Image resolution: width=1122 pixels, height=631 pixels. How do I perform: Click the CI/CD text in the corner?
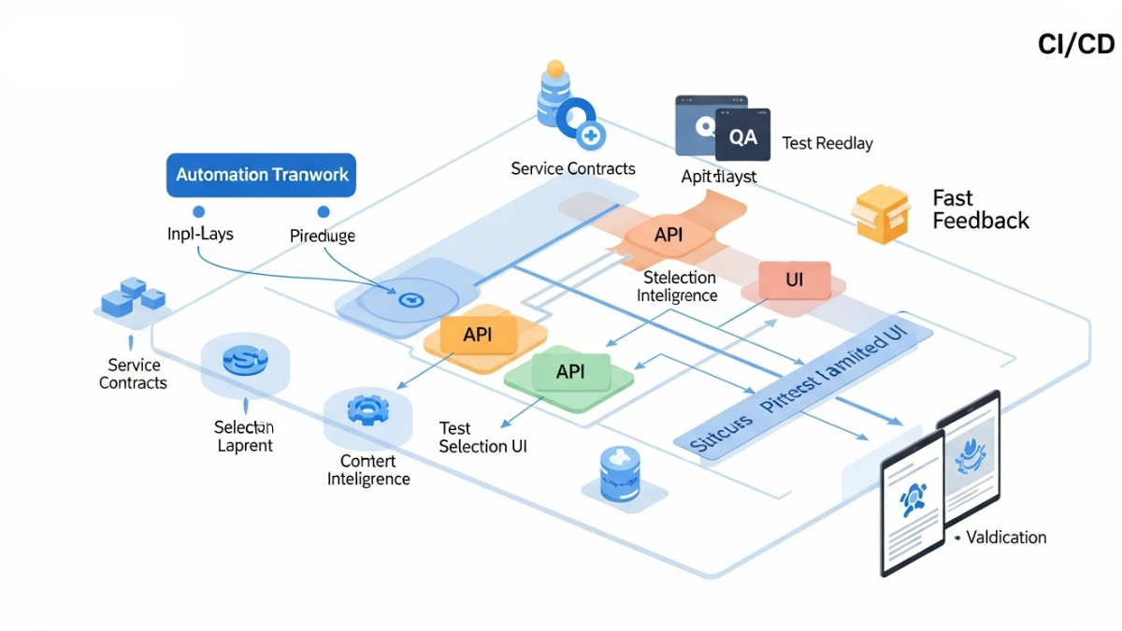coord(1076,45)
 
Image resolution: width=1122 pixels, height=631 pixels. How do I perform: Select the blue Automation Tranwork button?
coord(261,175)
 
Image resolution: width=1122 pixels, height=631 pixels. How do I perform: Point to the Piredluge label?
coord(323,236)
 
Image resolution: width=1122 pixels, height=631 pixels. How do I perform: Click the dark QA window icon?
coord(742,136)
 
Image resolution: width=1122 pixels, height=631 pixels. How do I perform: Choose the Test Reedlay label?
coord(827,143)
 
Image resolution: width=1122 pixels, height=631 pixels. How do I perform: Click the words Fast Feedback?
coord(980,209)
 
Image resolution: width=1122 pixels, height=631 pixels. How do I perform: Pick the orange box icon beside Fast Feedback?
coord(881,213)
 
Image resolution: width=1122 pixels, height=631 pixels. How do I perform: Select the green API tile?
coord(570,371)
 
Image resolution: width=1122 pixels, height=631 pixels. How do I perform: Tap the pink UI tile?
coord(794,279)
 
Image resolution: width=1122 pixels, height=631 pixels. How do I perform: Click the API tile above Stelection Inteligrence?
coord(668,235)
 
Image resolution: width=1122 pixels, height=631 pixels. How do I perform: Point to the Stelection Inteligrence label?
coord(678,286)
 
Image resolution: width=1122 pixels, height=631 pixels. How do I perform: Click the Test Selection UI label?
coord(482,437)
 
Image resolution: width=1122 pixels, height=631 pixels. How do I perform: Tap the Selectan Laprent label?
coord(244,436)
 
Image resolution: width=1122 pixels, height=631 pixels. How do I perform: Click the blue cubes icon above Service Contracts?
coord(133,298)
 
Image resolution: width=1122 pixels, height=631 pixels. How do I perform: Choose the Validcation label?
coord(1006,538)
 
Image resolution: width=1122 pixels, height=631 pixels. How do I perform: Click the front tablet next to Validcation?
coord(912,505)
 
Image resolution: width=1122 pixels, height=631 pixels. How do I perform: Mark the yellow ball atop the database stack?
coord(555,68)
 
